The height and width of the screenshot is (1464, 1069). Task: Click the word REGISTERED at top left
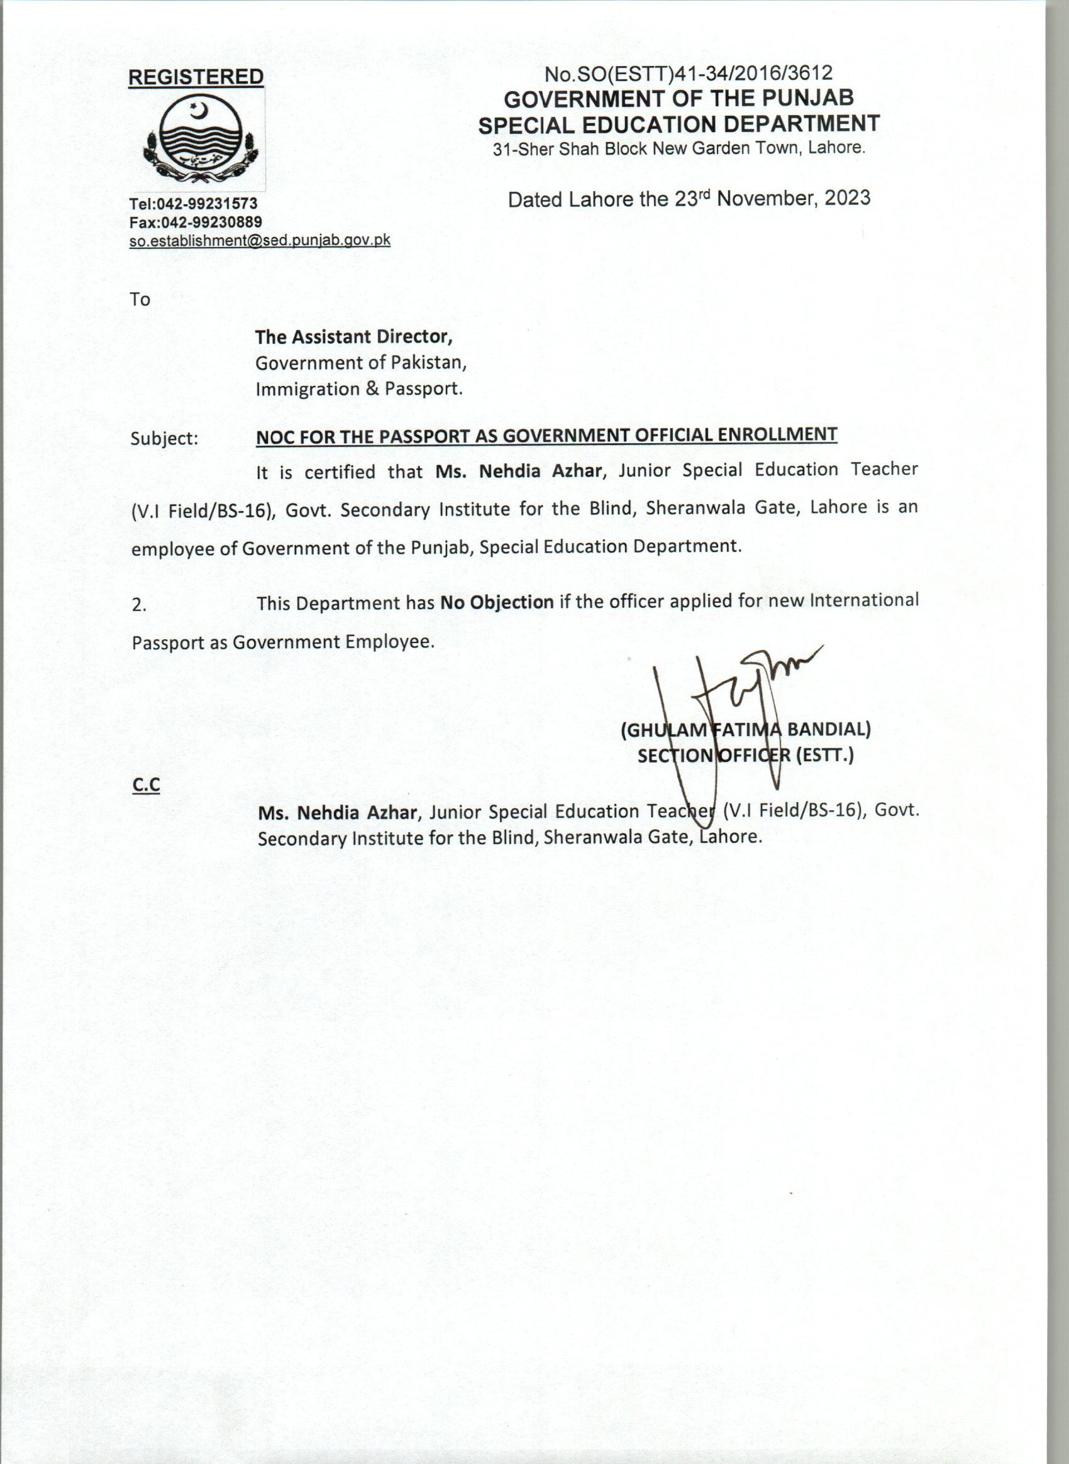196,77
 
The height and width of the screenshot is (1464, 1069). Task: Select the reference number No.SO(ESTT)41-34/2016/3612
688,74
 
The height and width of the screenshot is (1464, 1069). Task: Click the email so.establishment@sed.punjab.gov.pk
260,240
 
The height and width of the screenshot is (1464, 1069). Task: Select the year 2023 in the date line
847,197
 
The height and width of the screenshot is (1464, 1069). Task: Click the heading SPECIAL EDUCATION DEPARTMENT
679,124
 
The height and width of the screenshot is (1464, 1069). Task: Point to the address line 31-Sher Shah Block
679,148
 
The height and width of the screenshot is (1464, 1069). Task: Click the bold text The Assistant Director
353,336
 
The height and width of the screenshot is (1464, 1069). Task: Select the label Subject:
164,439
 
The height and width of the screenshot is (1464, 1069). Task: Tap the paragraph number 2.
138,605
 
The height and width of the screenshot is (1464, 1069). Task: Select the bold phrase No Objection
496,602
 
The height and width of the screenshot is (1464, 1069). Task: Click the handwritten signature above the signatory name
738,705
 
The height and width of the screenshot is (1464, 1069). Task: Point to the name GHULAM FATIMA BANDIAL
745,730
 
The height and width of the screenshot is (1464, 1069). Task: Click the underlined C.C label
146,785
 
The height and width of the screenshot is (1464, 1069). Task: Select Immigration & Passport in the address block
359,389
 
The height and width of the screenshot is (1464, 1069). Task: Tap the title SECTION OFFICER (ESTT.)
745,755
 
